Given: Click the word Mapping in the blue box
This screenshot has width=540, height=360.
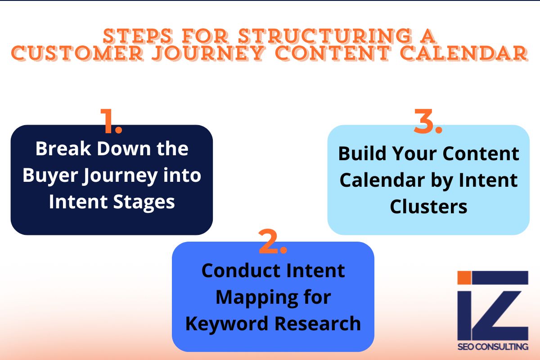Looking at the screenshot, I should point(251,297).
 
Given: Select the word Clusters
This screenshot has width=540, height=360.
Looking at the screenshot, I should point(428,207).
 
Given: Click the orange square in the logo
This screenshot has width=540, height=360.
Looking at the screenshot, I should point(463,278).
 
